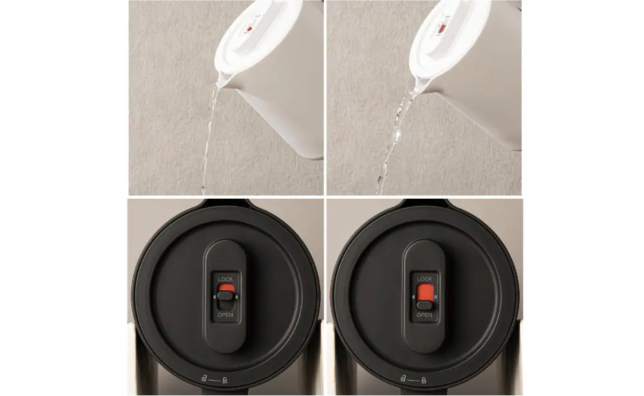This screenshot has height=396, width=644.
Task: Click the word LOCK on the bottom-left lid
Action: click(x=225, y=279)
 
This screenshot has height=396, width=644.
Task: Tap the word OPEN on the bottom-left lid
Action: click(x=225, y=315)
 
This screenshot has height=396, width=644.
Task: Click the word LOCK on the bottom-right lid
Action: click(x=424, y=279)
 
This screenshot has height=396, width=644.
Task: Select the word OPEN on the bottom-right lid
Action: click(x=424, y=315)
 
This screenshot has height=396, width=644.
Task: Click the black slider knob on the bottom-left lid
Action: click(x=225, y=295)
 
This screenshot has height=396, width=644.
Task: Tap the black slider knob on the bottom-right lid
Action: click(x=424, y=305)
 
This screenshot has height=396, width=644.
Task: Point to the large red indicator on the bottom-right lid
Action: click(x=424, y=292)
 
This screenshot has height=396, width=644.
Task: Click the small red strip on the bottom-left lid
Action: click(x=225, y=288)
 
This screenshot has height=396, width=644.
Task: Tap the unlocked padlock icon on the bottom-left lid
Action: click(x=204, y=379)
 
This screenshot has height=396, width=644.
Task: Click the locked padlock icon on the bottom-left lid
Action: click(x=225, y=380)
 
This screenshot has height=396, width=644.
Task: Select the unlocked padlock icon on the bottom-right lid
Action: click(x=402, y=379)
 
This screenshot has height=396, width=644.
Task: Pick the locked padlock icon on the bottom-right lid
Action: click(x=424, y=380)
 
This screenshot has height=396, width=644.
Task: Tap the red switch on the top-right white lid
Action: click(x=442, y=28)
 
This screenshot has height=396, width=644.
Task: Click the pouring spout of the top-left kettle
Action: click(x=222, y=81)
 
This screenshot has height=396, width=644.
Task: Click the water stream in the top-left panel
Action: click(x=209, y=135)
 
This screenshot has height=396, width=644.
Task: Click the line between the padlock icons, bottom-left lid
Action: click(x=214, y=381)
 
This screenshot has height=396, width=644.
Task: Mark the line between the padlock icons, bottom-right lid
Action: click(x=413, y=381)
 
